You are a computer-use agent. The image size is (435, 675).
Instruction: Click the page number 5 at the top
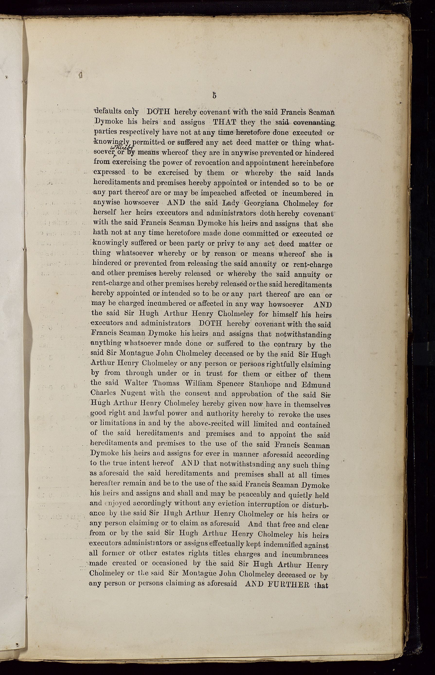(x=214, y=95)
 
